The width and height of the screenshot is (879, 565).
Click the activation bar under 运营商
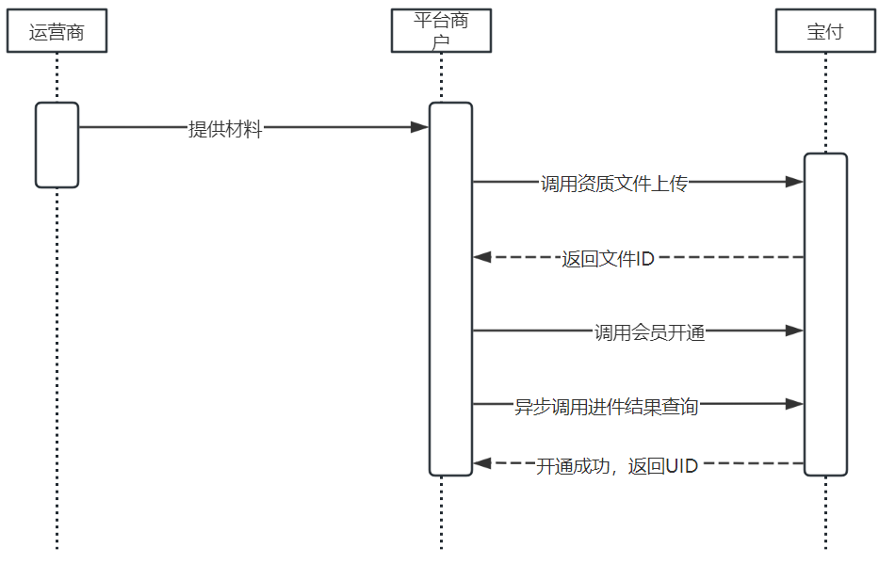(x=57, y=144)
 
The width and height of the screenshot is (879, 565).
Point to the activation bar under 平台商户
(x=450, y=288)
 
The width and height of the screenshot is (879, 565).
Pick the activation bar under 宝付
(x=825, y=314)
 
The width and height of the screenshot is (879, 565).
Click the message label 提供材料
(x=225, y=130)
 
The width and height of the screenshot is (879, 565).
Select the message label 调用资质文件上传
(x=613, y=185)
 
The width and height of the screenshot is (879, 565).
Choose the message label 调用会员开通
(x=649, y=332)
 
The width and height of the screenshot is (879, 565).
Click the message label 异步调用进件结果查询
(x=606, y=407)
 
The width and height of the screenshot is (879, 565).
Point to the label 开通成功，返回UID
(x=617, y=465)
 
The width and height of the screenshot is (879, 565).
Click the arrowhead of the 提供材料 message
(x=420, y=127)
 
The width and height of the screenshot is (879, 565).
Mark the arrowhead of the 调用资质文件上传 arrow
(x=794, y=182)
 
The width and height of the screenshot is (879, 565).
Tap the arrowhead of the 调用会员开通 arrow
(x=794, y=331)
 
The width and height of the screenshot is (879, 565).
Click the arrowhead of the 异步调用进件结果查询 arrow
(x=794, y=404)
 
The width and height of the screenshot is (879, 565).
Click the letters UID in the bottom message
(x=681, y=465)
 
